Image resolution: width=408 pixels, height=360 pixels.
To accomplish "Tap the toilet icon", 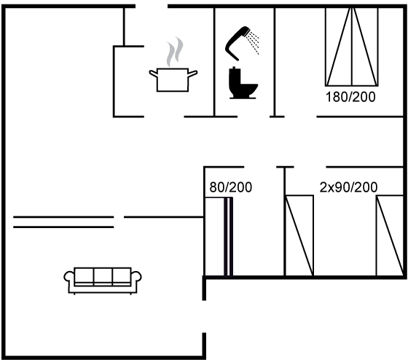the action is pyautogui.click(x=243, y=83).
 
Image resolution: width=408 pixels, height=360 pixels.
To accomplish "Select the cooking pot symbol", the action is pyautogui.click(x=173, y=79).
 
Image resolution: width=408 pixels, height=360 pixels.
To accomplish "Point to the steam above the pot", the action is pyautogui.click(x=175, y=51).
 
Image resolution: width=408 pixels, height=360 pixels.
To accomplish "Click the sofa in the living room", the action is pyautogui.click(x=103, y=281).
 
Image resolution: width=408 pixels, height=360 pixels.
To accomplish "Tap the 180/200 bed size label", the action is pyautogui.click(x=350, y=97).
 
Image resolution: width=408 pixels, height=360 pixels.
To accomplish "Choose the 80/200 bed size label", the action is pyautogui.click(x=231, y=187).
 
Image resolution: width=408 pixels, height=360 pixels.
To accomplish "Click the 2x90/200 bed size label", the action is pyautogui.click(x=348, y=187).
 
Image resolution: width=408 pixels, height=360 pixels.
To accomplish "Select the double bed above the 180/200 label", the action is pyautogui.click(x=352, y=47).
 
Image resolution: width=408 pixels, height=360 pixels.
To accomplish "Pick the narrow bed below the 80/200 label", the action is pyautogui.click(x=219, y=236).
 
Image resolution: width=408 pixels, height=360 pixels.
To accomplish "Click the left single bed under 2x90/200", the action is pyautogui.click(x=299, y=235).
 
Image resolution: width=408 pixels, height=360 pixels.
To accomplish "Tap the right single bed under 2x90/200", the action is pyautogui.click(x=390, y=235).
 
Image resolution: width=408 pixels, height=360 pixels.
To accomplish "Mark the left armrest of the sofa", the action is pyautogui.click(x=68, y=277).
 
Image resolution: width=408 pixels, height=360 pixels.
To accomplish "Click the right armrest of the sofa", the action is pyautogui.click(x=136, y=277).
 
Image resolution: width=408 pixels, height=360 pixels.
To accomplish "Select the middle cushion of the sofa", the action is pyautogui.click(x=103, y=276).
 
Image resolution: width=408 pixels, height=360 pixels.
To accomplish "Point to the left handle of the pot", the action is pyautogui.click(x=153, y=74).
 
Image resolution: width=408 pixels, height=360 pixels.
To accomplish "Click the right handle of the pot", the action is pyautogui.click(x=192, y=74).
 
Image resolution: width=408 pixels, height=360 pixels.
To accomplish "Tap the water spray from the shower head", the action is pyautogui.click(x=254, y=42).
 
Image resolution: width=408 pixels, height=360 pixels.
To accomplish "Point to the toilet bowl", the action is pyautogui.click(x=248, y=90).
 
